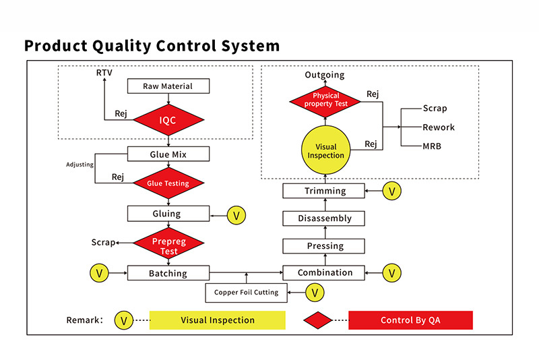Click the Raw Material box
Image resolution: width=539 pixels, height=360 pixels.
tap(168, 86)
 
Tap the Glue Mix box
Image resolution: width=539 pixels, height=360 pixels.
tap(168, 154)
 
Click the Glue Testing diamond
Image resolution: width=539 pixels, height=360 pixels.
tap(168, 183)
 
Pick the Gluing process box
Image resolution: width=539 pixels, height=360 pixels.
tap(168, 214)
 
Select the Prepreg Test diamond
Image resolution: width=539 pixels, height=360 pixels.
tap(168, 246)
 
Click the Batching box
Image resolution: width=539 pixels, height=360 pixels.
tap(168, 273)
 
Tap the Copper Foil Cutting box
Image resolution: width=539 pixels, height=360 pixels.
tap(246, 293)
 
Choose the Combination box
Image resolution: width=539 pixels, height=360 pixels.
tap(325, 273)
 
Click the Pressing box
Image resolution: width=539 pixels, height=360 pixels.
tap(325, 246)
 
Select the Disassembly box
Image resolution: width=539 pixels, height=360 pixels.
tap(325, 218)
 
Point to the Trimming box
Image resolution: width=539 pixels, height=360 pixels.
tap(325, 191)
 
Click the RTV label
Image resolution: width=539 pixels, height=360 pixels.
tap(104, 72)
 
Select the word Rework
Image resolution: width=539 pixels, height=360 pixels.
tap(439, 127)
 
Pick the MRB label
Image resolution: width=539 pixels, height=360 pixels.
tap(433, 146)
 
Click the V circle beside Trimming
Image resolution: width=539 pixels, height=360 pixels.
tap(392, 191)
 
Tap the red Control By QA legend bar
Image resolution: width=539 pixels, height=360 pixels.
tap(410, 320)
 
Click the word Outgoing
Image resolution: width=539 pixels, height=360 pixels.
tap(324, 75)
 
